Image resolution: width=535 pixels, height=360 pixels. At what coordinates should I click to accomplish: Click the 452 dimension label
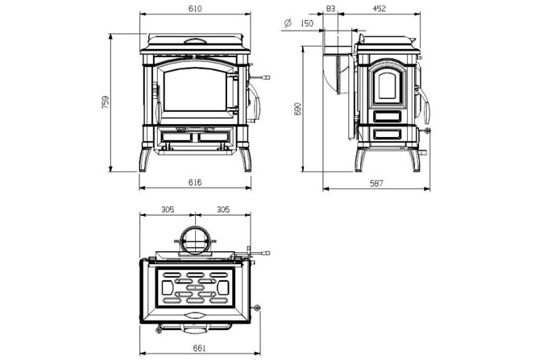coord(380,8)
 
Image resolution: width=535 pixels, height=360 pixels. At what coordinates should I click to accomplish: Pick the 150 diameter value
coord(306,24)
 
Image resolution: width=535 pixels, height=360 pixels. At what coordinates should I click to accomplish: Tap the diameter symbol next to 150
coord(288,25)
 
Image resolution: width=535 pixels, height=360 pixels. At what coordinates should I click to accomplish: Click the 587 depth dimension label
coord(375,183)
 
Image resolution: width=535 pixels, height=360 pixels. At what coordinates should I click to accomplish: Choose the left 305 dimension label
coord(167,209)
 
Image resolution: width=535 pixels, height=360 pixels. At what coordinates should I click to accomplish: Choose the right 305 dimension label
coord(222,209)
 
